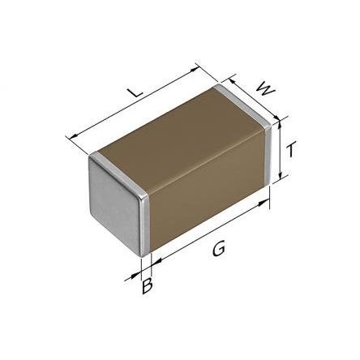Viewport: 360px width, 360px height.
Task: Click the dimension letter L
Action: pyautogui.click(x=135, y=92)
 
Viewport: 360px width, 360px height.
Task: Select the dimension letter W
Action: pyautogui.click(x=265, y=89)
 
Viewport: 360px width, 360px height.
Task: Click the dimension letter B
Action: pyautogui.click(x=148, y=286)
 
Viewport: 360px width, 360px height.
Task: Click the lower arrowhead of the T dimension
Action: pyautogui.click(x=281, y=175)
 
